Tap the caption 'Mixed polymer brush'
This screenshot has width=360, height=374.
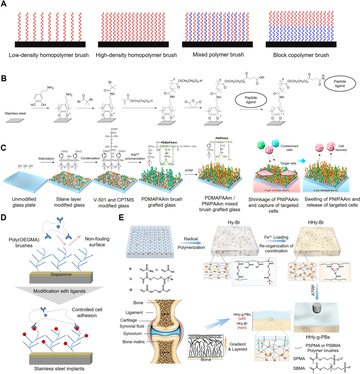click(x=218, y=55)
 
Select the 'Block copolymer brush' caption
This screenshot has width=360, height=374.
click(x=301, y=55)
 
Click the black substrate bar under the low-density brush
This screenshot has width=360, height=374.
click(x=50, y=44)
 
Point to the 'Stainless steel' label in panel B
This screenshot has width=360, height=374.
click(x=15, y=113)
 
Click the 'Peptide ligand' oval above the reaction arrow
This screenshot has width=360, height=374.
click(x=251, y=100)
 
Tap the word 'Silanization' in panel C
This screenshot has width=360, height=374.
click(x=46, y=158)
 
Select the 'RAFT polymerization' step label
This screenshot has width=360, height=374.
click(x=135, y=157)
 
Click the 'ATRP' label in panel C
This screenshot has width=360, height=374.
click(x=189, y=170)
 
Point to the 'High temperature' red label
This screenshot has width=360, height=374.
click(x=277, y=190)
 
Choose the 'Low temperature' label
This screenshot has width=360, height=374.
click(x=325, y=190)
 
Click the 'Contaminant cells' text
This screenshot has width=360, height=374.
click(x=289, y=148)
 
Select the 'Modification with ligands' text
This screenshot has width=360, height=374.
click(x=59, y=291)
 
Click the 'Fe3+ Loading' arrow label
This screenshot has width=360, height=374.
click(x=276, y=237)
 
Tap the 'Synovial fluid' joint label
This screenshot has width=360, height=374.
click(x=132, y=326)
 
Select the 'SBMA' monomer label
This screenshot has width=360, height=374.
click(x=299, y=368)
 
